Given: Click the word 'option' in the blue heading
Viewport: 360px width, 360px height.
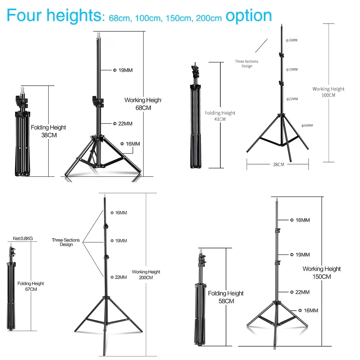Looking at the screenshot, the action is (x=249, y=16).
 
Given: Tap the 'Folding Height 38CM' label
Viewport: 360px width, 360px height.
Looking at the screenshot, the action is (x=49, y=131).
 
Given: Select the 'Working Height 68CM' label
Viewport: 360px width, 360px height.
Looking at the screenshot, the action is (x=143, y=104).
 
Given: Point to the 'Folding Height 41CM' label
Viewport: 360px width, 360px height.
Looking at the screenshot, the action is (x=220, y=116).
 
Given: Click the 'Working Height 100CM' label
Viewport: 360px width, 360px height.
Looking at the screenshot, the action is (x=328, y=92).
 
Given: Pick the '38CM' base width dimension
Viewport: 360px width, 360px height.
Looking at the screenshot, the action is (x=279, y=165).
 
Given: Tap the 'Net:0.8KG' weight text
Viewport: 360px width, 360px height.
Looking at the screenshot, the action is (x=23, y=238).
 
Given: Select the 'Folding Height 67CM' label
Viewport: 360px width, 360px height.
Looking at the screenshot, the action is (x=31, y=286).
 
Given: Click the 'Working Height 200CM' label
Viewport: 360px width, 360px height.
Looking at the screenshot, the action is (x=146, y=275).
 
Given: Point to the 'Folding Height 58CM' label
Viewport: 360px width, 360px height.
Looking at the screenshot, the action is (x=226, y=297).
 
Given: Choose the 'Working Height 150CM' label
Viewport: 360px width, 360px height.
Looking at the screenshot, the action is (x=321, y=273).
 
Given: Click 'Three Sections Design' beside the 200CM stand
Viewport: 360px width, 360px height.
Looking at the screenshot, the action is (x=66, y=242).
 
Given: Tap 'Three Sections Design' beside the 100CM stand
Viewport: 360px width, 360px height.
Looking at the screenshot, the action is (x=247, y=64).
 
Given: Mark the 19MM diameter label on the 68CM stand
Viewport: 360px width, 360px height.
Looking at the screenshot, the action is (x=123, y=70).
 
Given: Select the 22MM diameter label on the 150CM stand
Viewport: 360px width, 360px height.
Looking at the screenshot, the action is (x=300, y=292).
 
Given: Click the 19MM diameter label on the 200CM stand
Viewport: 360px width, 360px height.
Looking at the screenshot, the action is (x=118, y=240).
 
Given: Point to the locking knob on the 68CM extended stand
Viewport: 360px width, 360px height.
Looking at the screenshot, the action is (x=98, y=102).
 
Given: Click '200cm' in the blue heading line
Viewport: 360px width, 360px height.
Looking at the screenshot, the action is (x=209, y=18).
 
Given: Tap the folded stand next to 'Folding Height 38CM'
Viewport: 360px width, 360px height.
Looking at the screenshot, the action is (x=22, y=131).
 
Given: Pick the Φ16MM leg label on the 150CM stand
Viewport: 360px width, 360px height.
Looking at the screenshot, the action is (x=308, y=311).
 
